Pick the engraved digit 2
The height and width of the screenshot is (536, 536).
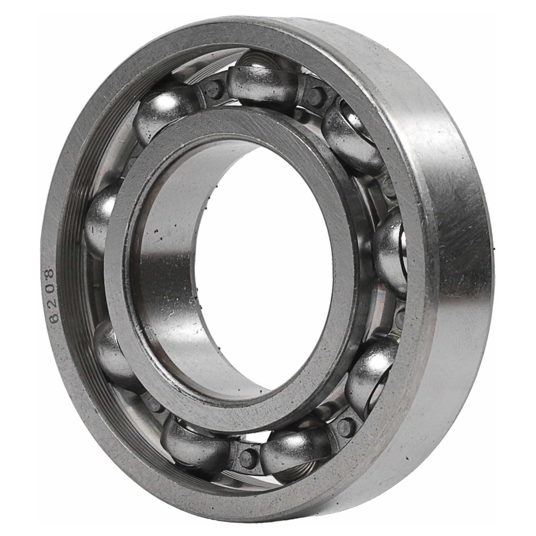point(50,303)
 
